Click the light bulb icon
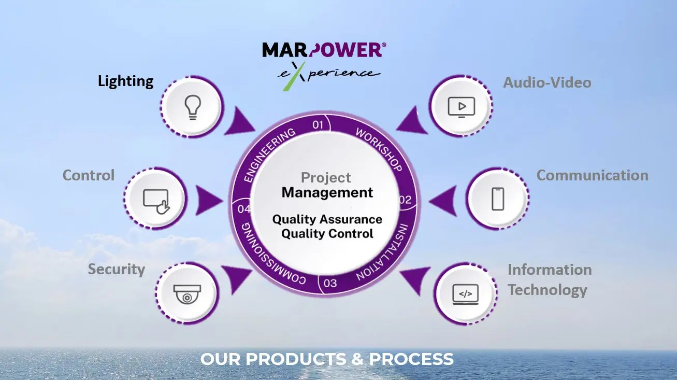pyautogui.click(x=193, y=108)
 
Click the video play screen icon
pyautogui.click(x=462, y=107)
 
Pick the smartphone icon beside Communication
pyautogui.click(x=498, y=198)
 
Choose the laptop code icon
pyautogui.click(x=465, y=294)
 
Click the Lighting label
pyautogui.click(x=126, y=81)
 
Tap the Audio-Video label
pyautogui.click(x=547, y=82)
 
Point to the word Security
pyautogui.click(x=116, y=270)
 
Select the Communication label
pyautogui.click(x=592, y=176)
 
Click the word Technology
pyautogui.click(x=547, y=290)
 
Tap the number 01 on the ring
pyautogui.click(x=318, y=124)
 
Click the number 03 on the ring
pyautogui.click(x=330, y=283)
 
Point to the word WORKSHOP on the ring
pyautogui.click(x=379, y=149)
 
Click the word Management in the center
pyautogui.click(x=327, y=193)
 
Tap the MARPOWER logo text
pyautogui.click(x=323, y=50)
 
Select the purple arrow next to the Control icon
pyautogui.click(x=208, y=199)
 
